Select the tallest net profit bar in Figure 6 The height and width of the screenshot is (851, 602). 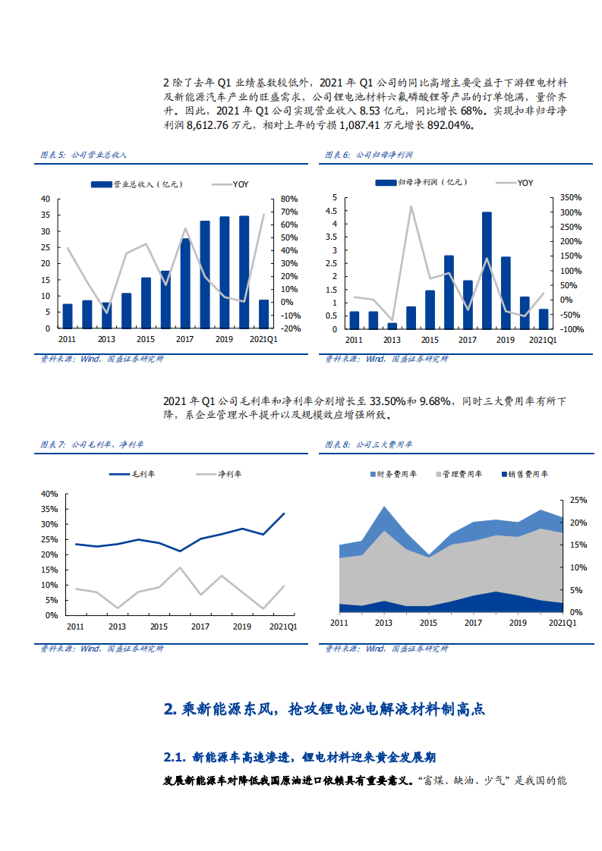click(487, 271)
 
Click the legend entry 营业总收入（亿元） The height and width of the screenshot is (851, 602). click(137, 184)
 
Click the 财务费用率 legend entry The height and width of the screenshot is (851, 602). click(393, 474)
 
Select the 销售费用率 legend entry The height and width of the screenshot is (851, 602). click(524, 474)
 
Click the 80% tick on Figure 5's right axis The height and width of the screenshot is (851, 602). click(289, 199)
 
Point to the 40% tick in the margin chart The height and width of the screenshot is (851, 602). click(49, 494)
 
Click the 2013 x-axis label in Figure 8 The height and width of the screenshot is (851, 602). click(384, 623)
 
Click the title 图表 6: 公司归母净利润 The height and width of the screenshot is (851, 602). click(369, 154)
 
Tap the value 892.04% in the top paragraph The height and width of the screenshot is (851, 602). click(448, 125)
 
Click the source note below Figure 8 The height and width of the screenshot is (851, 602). click(386, 648)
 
